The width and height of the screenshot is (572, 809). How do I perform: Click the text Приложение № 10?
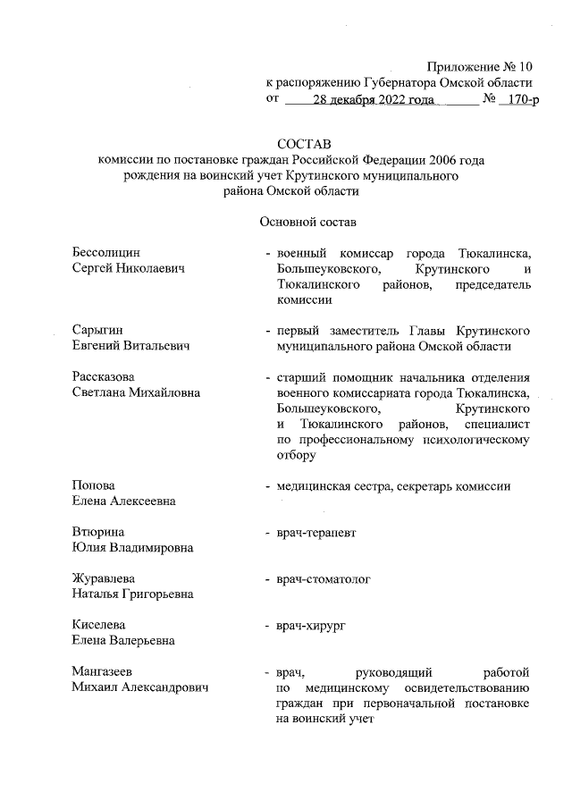click(479, 67)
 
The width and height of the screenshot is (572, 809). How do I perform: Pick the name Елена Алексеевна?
click(123, 501)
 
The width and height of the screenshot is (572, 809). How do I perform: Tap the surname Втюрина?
click(97, 532)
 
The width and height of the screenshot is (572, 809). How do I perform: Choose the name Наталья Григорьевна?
click(132, 594)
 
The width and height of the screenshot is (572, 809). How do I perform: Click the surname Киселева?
click(99, 625)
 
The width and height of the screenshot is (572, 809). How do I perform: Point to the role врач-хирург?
click(311, 625)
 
